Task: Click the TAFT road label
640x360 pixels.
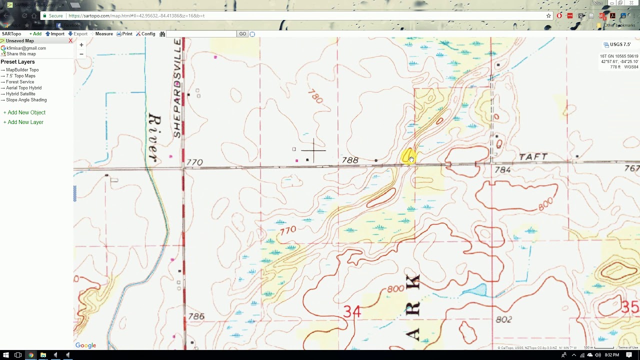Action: (533, 157)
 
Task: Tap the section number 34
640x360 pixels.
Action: (352, 312)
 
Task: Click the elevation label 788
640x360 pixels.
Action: (350, 160)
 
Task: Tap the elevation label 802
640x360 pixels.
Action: (504, 319)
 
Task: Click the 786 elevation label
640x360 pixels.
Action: (196, 316)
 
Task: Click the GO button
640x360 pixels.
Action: (242, 34)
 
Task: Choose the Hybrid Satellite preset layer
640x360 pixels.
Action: (20, 94)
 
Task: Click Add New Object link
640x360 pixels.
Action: (26, 112)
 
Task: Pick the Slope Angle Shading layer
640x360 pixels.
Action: (26, 100)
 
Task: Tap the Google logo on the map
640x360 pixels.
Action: (85, 345)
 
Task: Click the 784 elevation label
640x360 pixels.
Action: (502, 170)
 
